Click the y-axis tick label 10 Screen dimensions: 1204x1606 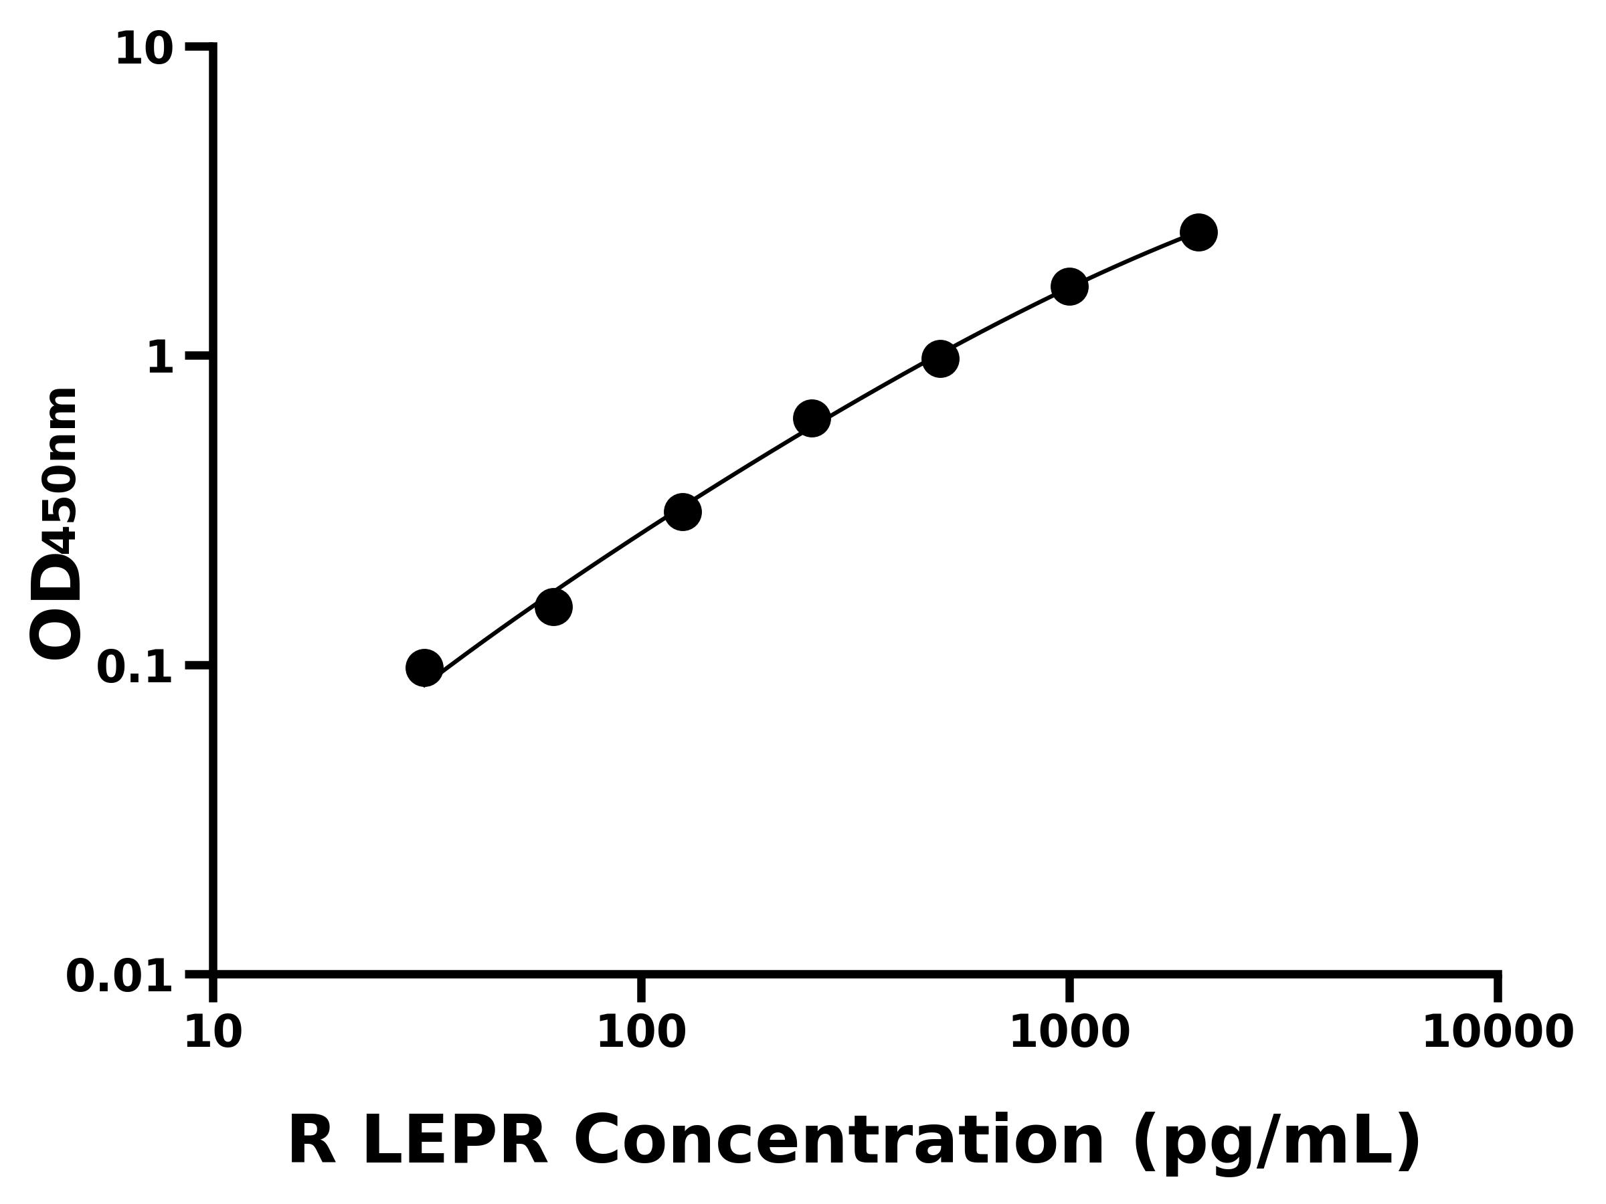(145, 50)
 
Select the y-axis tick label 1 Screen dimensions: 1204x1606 (161, 358)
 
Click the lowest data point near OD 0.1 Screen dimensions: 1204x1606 (425, 668)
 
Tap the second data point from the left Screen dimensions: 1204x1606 (554, 607)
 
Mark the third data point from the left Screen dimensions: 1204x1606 (683, 512)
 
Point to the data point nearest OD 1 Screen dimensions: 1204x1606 (940, 359)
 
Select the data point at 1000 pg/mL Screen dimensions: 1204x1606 (1069, 287)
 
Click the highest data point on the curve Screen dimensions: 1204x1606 (1198, 232)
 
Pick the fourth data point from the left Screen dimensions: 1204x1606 (812, 419)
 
